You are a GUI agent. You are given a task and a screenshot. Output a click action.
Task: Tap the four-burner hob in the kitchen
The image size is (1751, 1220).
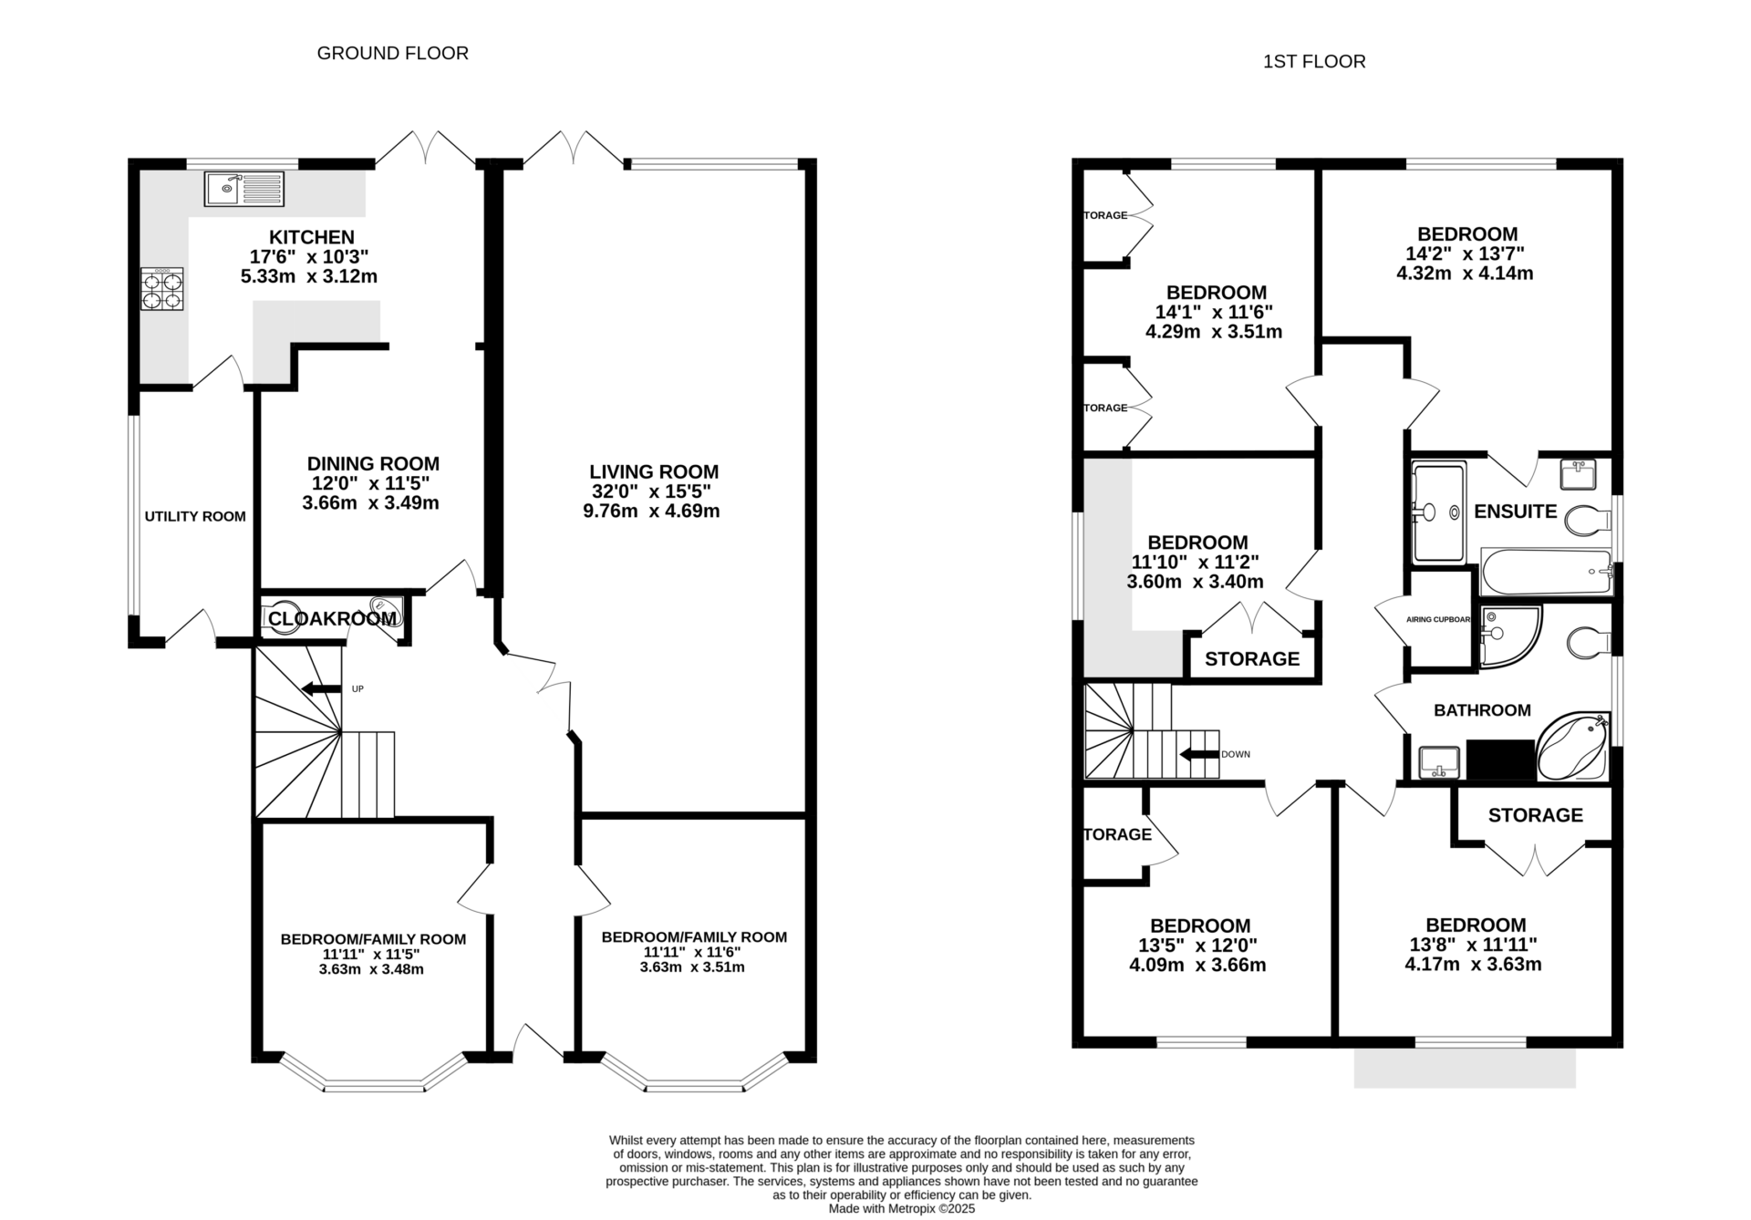pos(161,289)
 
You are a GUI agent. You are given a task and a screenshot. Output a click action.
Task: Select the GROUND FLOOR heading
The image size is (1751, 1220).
pos(392,54)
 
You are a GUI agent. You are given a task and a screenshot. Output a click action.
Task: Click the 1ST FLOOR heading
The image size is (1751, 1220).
pos(1313,62)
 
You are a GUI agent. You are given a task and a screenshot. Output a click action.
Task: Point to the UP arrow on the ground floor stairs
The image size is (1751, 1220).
pos(320,688)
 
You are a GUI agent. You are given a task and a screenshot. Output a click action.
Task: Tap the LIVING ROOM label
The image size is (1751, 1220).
pos(653,472)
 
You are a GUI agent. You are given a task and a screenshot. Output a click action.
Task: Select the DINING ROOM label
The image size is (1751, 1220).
pos(372,464)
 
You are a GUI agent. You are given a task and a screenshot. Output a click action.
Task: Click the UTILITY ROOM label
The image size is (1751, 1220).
pos(195,517)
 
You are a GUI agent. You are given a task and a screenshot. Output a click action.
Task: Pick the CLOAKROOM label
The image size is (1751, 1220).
pos(332,619)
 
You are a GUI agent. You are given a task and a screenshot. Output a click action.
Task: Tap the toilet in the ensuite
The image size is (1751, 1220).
pos(1586,521)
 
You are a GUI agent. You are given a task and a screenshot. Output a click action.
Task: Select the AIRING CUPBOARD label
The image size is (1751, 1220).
pos(1438,620)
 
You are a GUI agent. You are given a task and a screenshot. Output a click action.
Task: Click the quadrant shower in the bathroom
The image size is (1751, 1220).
pos(1508,635)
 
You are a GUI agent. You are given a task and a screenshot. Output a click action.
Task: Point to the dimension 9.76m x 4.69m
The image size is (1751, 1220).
pos(651,512)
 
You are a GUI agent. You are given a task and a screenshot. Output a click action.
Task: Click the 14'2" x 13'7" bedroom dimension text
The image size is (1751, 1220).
pos(1465,253)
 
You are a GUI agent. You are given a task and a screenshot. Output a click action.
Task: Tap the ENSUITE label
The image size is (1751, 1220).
pos(1515,512)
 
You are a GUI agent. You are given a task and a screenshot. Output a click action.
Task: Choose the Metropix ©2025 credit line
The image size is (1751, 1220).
pos(901,1209)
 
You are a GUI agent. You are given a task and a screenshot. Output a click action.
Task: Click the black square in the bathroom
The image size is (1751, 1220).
pos(1500,760)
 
